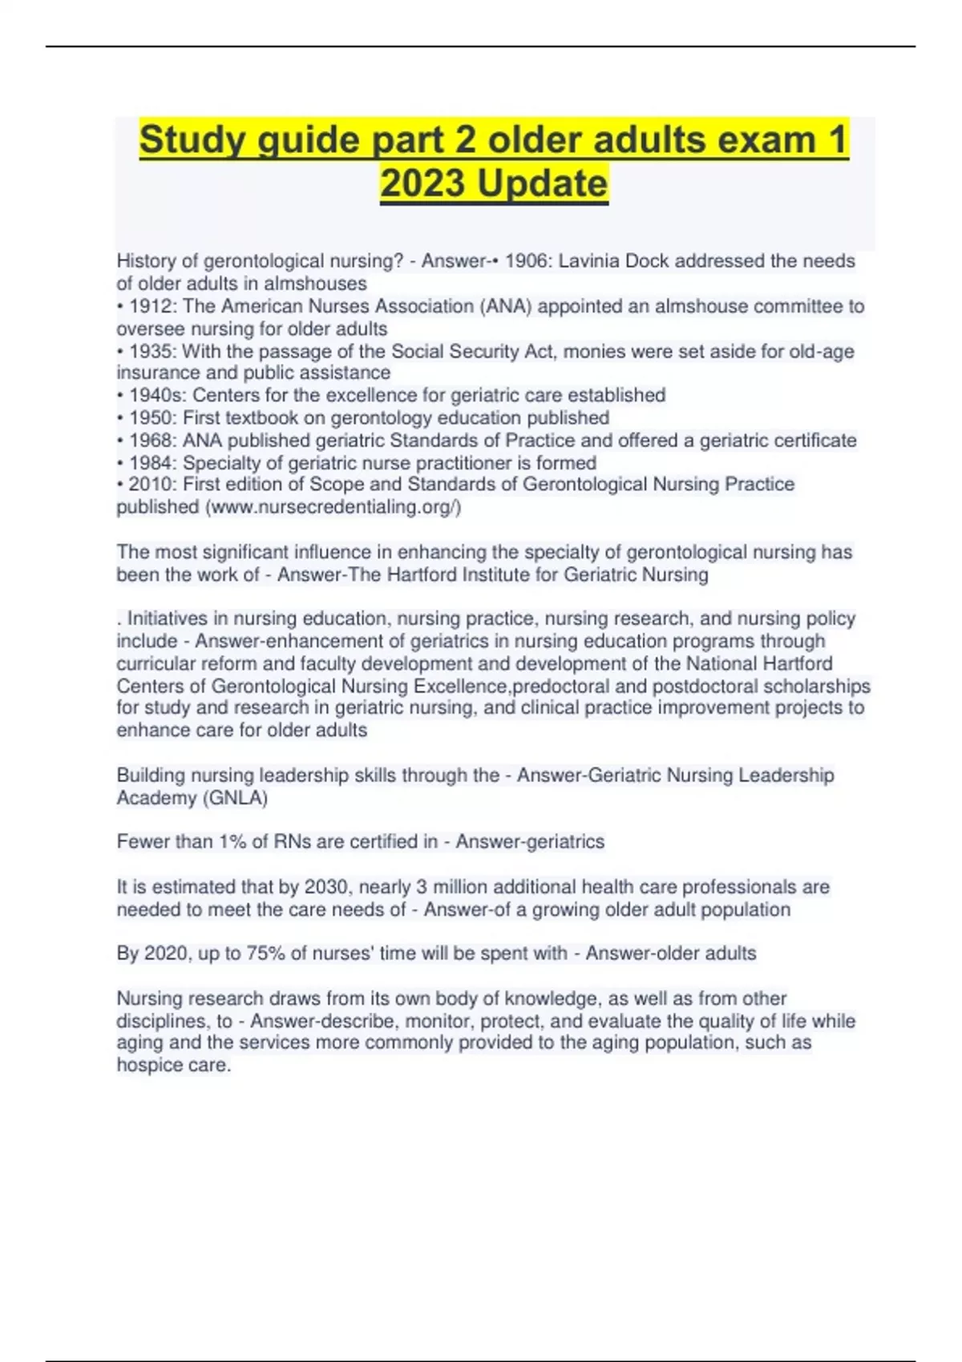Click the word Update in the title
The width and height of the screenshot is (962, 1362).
[x=542, y=183]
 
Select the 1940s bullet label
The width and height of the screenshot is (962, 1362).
[x=157, y=395]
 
